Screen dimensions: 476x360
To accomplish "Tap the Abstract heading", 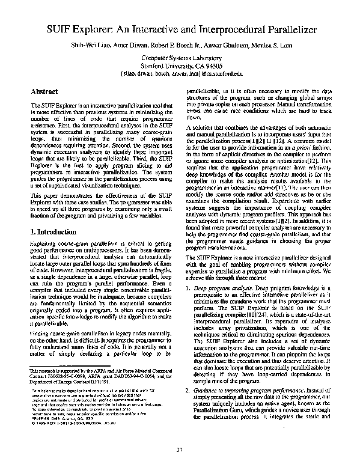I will (44, 91).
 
